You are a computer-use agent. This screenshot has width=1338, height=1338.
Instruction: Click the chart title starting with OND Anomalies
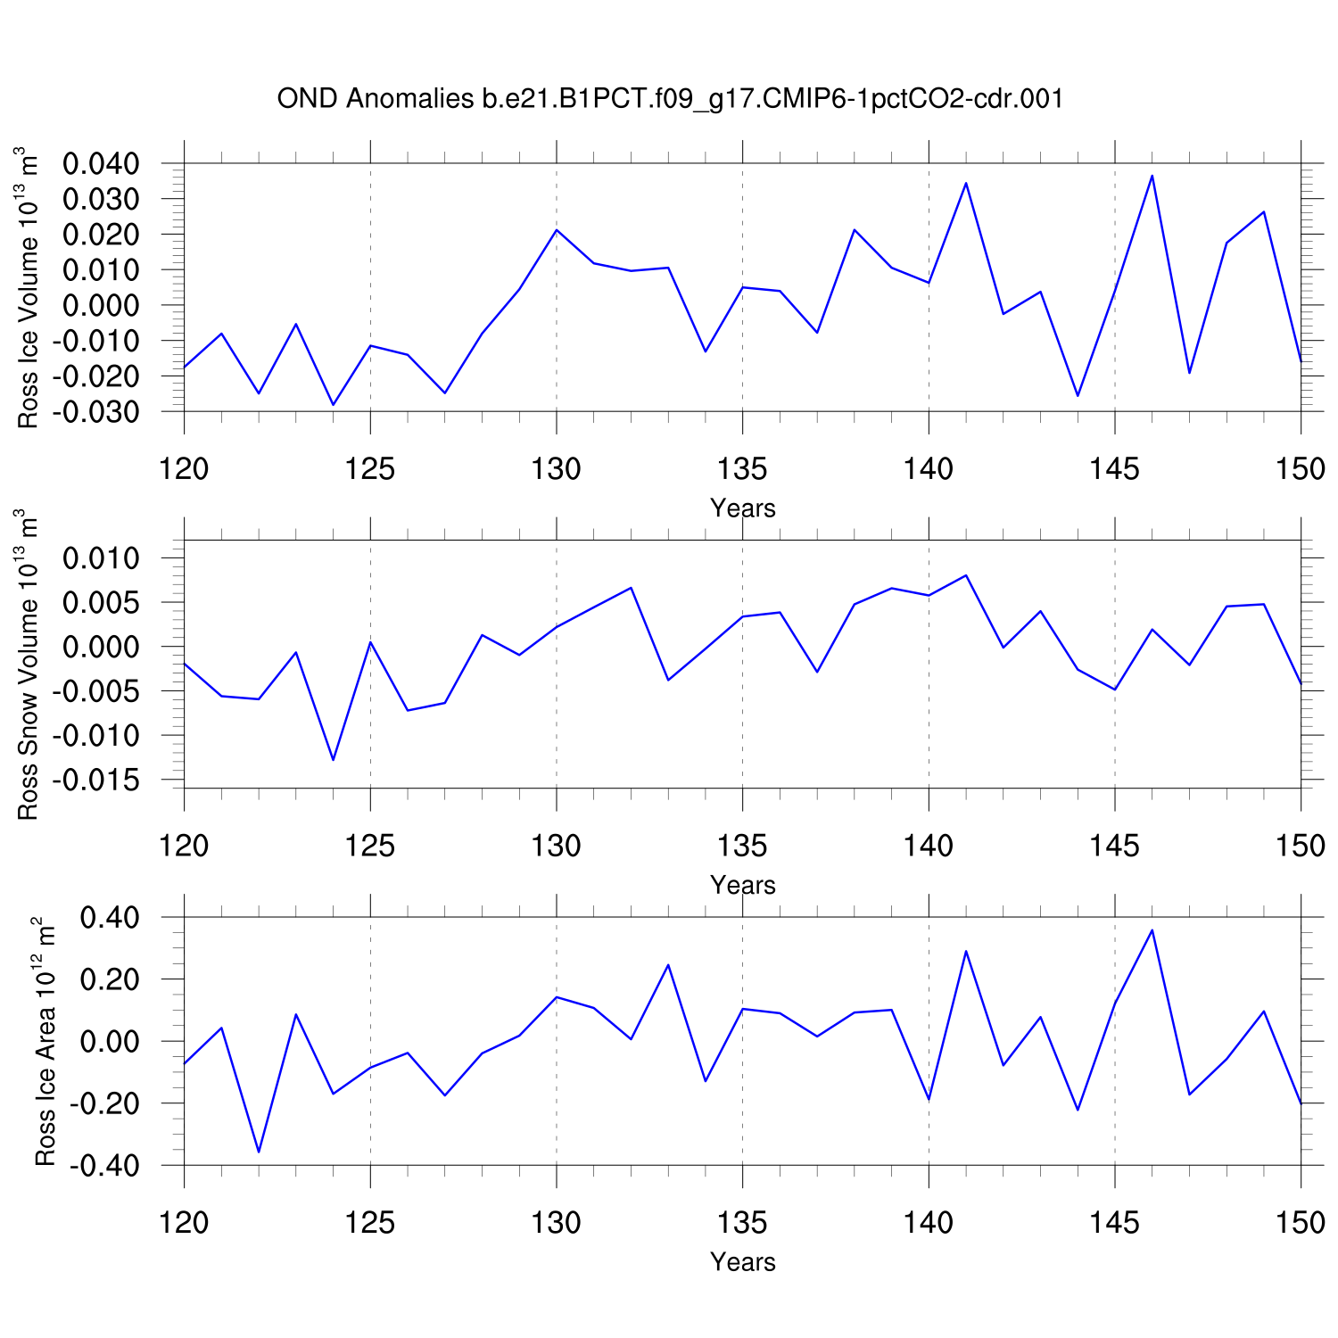click(670, 98)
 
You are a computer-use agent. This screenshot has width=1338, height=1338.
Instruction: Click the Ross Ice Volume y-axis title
click(29, 287)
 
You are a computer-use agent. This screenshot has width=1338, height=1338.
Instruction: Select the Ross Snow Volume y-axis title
click(29, 665)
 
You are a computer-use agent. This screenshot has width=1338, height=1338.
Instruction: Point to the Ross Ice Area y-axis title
click(45, 1041)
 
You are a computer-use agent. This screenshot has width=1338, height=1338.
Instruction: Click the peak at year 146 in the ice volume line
click(1152, 176)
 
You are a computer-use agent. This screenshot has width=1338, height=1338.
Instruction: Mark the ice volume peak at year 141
click(965, 183)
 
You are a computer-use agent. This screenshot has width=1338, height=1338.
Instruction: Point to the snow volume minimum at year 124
click(333, 760)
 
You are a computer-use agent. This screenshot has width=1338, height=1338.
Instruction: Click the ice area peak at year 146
click(1152, 930)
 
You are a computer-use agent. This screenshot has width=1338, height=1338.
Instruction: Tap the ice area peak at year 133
click(667, 965)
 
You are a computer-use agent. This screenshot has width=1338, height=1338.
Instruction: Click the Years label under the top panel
click(742, 508)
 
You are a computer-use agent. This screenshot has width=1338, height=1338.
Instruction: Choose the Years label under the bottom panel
click(742, 1262)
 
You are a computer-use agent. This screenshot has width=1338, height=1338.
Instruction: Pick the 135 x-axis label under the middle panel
click(742, 846)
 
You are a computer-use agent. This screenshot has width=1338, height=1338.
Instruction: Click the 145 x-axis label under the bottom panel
click(1114, 1223)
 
